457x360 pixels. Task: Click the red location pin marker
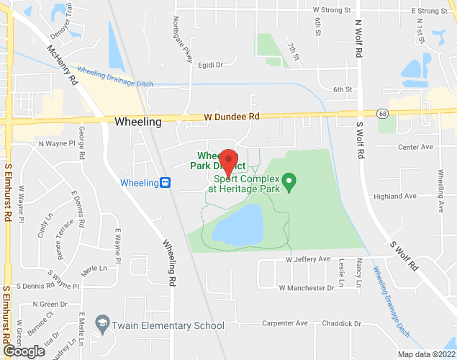coord(228,163)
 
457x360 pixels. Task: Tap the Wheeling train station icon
coord(165,183)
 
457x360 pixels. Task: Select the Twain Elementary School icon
coord(102,325)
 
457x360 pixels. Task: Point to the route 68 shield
coord(381,113)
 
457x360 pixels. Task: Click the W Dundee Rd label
coord(231,117)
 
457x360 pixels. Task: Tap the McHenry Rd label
coord(62,67)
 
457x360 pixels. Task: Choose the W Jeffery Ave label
coord(307,259)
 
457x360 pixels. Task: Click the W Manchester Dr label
coord(307,287)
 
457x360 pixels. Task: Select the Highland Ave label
coord(395,196)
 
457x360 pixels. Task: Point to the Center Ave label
coord(415,147)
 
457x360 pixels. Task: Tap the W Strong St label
coord(332,11)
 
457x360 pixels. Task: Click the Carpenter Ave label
coord(284,323)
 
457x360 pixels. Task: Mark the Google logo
coord(23,351)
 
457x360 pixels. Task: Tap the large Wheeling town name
coord(137,122)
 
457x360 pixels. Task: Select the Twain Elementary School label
coord(168,326)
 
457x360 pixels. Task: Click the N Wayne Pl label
coord(57,144)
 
